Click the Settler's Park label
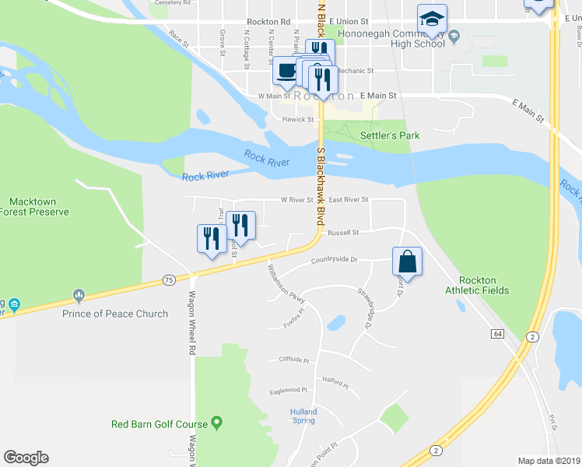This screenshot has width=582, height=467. tap(390, 135)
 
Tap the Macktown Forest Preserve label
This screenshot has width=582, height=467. tap(34, 206)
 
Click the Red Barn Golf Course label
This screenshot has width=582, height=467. tap(160, 424)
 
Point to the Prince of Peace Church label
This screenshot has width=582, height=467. tap(115, 314)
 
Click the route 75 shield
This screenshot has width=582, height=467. tap(168, 280)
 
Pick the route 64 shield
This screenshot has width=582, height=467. tap(496, 334)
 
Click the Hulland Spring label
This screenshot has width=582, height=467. tap(303, 416)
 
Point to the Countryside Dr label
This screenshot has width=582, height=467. tap(333, 261)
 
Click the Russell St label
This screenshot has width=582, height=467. tap(342, 232)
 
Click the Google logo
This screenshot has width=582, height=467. tap(26, 458)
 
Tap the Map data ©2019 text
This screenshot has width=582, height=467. tap(549, 461)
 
